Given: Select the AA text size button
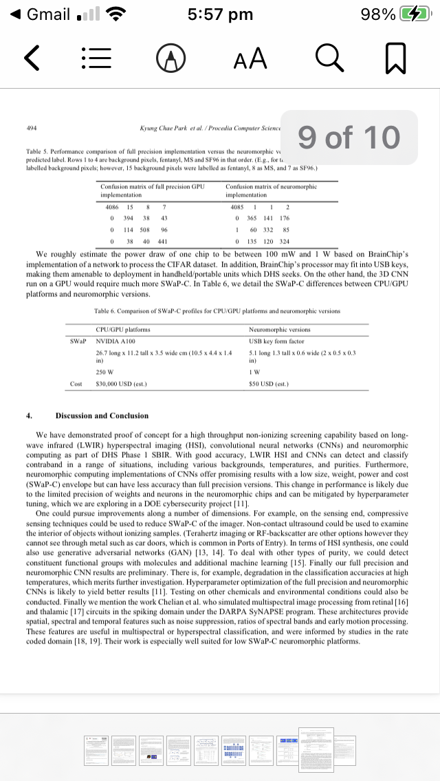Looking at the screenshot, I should click(x=250, y=60).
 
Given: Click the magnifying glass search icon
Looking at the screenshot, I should click(x=328, y=60).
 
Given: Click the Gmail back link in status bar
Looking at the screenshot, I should click(x=41, y=14).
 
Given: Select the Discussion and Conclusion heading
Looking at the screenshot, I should click(x=102, y=416).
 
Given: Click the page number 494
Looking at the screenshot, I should click(x=32, y=128).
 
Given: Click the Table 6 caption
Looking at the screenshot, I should click(x=217, y=311).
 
